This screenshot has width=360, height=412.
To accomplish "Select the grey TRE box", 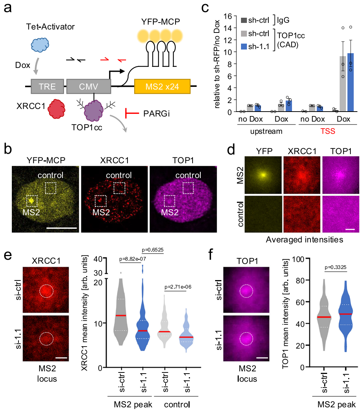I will click(x=48, y=87).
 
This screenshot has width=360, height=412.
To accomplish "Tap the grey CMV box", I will click(x=88, y=87).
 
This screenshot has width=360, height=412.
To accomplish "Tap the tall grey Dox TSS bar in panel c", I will click(x=343, y=84).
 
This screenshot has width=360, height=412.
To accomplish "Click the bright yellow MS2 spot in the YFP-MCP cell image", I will click(x=32, y=201).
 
